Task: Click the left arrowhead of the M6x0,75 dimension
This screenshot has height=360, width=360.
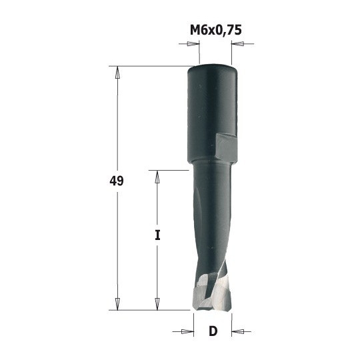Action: (193, 45)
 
